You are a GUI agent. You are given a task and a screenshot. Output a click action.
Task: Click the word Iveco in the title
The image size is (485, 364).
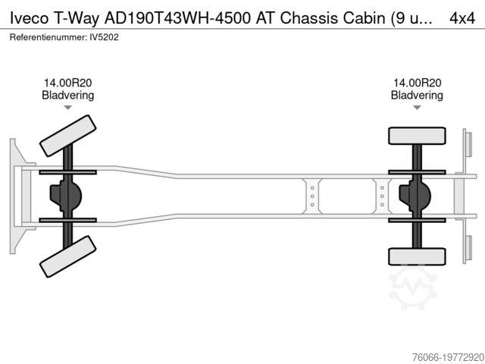[x=30, y=18]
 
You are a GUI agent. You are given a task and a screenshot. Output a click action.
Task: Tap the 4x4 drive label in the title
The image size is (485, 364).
[x=462, y=18]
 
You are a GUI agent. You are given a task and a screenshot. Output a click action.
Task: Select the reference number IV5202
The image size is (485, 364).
[x=104, y=37]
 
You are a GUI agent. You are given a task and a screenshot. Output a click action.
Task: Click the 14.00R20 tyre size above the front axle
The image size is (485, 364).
[x=67, y=83]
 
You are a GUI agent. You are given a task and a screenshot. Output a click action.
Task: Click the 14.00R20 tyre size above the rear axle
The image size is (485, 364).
[x=417, y=83]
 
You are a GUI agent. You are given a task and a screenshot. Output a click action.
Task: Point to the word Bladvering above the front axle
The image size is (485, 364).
[x=67, y=95]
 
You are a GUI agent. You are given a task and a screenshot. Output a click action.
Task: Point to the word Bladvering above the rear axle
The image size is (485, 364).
[x=417, y=95]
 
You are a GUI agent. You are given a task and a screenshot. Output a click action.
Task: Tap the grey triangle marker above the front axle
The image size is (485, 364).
[x=67, y=108]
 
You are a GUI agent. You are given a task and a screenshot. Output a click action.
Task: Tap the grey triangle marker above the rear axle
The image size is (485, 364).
[x=417, y=108]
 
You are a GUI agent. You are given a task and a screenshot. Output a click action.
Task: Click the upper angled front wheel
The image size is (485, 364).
[x=67, y=136]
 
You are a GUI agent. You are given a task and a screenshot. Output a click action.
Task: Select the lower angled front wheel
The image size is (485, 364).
[x=67, y=256]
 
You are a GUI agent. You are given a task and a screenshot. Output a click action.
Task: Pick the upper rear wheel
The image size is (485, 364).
[x=417, y=136]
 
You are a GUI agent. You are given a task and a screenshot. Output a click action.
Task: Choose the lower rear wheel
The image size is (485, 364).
[x=417, y=256]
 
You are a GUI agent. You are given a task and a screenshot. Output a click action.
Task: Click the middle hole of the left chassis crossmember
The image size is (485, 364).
[x=312, y=196]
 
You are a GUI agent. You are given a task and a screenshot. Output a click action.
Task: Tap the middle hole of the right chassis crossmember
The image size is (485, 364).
[x=382, y=196]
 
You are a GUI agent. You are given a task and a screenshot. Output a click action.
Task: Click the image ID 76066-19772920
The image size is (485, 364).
[x=448, y=357]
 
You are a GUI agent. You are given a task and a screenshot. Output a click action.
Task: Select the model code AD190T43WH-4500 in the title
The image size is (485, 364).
[x=177, y=18]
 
